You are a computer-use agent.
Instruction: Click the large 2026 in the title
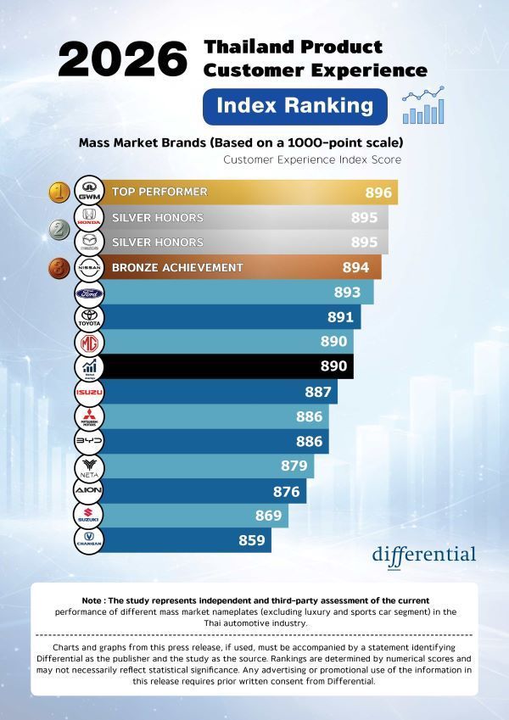pos(123,61)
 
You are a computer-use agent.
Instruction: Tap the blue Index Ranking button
pos(295,106)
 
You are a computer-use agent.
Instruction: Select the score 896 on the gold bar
pos(378,193)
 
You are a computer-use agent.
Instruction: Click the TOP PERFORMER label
pos(159,192)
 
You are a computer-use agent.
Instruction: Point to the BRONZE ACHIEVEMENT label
pos(177,267)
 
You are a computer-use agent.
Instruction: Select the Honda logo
pos(89,217)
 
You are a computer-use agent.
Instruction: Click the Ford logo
pos(89,293)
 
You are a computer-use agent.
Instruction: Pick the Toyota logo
pos(89,318)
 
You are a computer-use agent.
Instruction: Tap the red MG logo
pos(89,343)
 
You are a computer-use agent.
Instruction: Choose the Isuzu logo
pos(89,393)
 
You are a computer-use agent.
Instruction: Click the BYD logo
pos(89,442)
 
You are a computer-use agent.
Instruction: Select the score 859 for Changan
pos(251,540)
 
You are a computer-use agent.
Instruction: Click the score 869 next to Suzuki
pos(269,515)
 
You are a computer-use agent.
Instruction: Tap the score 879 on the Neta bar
pos(294,466)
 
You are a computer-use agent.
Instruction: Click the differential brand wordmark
pos(424,554)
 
